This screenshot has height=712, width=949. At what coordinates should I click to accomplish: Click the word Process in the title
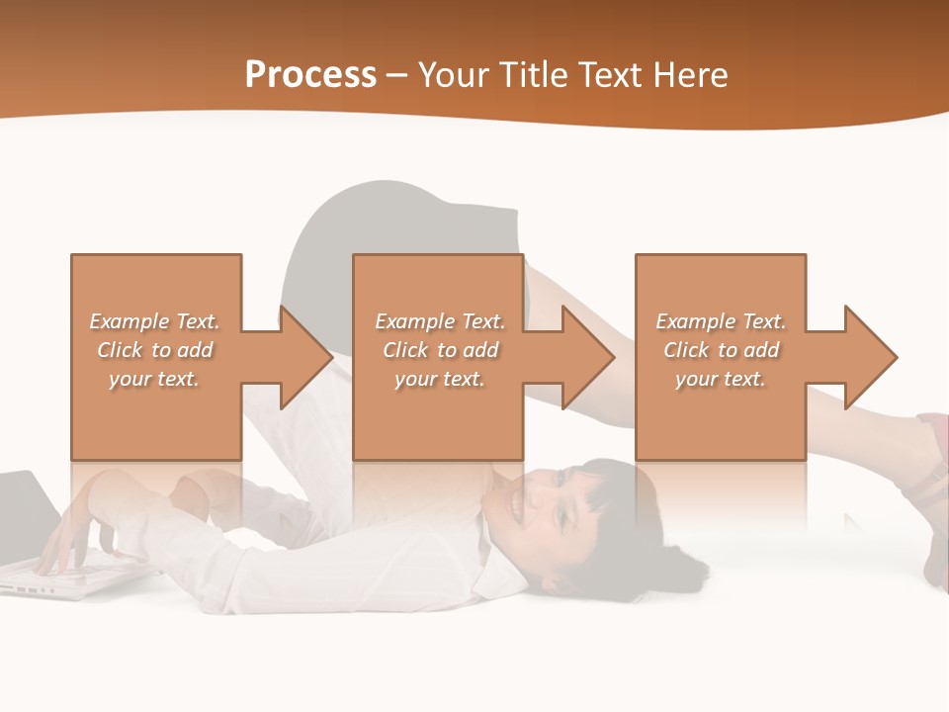(310, 75)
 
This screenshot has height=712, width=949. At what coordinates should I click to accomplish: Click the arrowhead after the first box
(302, 357)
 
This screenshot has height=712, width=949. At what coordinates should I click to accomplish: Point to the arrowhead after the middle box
(585, 357)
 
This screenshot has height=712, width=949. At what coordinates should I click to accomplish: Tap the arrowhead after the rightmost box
(868, 357)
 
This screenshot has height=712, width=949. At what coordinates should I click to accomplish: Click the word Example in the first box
(129, 321)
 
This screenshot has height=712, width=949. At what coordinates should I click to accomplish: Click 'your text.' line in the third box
(721, 379)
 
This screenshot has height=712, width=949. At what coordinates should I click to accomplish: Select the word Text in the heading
(614, 75)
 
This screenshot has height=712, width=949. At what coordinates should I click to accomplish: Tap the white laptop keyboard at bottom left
(49, 578)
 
